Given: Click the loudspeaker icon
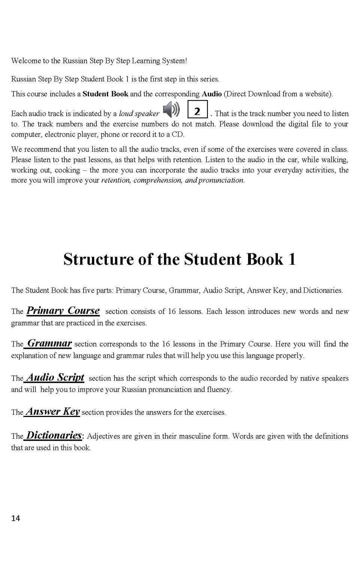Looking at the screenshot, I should tap(171, 109).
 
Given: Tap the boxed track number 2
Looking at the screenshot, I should tap(197, 110).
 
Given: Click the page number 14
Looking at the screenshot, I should tap(16, 518).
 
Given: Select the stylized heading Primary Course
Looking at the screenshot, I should tap(63, 311).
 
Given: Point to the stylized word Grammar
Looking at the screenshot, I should tap(49, 343).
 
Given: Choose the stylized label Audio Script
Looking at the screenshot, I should tap(55, 377).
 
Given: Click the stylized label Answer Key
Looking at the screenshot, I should tap(53, 411).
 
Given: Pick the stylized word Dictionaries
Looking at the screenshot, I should tap(54, 435).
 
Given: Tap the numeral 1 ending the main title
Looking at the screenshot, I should tap(292, 259).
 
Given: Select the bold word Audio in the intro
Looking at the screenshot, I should tap(211, 94).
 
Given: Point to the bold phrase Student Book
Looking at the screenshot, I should tap(105, 94).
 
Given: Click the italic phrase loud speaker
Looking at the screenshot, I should tap(139, 114).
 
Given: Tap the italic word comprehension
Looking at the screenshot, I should tap(157, 180).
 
